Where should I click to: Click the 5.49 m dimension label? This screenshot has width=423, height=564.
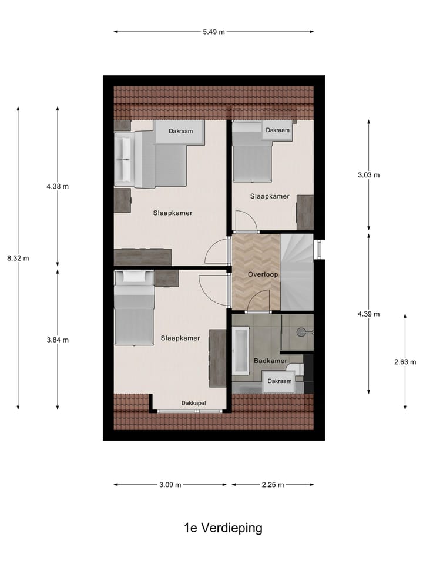214,32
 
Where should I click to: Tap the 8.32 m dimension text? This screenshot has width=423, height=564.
18,258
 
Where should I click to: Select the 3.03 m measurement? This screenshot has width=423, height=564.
369,175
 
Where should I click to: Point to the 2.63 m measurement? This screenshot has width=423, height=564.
405,362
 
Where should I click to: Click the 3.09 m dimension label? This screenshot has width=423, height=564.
170,485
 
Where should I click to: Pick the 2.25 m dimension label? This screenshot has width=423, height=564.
273,485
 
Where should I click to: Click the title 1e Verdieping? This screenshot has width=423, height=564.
223,528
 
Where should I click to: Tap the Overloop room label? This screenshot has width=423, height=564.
263,274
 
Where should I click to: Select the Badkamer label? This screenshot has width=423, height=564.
270,361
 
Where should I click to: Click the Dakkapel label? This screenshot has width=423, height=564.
193,403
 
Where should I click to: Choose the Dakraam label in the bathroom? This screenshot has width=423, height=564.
280,381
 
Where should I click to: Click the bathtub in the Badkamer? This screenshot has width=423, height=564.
241,351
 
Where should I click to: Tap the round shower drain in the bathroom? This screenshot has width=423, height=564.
302,331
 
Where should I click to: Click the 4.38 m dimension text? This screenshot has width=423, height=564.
58,187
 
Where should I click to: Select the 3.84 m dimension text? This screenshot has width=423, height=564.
58,340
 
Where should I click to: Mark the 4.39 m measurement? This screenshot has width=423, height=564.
369,314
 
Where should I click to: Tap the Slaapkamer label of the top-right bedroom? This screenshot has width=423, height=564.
270,196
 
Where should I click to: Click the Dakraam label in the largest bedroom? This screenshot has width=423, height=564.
180,131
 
